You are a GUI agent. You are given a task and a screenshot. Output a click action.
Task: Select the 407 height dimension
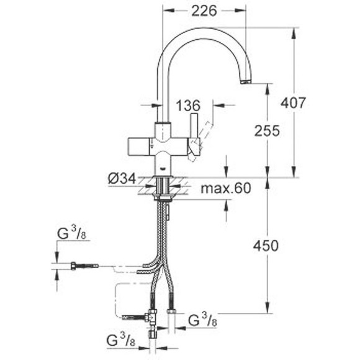293,103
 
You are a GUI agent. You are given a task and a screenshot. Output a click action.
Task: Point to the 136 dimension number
189,106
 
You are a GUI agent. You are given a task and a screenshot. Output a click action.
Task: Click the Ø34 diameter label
121,179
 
